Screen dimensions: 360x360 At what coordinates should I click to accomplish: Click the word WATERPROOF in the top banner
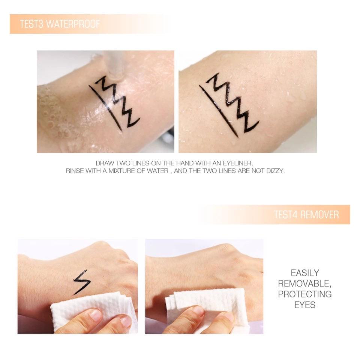point(73,24)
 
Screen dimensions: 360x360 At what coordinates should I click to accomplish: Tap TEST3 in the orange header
point(31,24)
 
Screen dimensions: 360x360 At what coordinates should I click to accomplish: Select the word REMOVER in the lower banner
point(319,214)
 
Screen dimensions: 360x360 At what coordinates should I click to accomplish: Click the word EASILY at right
point(305,273)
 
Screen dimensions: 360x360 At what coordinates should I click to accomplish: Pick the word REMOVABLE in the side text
point(304,283)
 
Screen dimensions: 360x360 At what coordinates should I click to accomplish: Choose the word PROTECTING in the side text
point(305,294)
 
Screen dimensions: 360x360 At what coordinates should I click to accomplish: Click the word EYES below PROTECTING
point(305,305)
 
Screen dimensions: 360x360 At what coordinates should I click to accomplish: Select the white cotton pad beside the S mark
point(92,311)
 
